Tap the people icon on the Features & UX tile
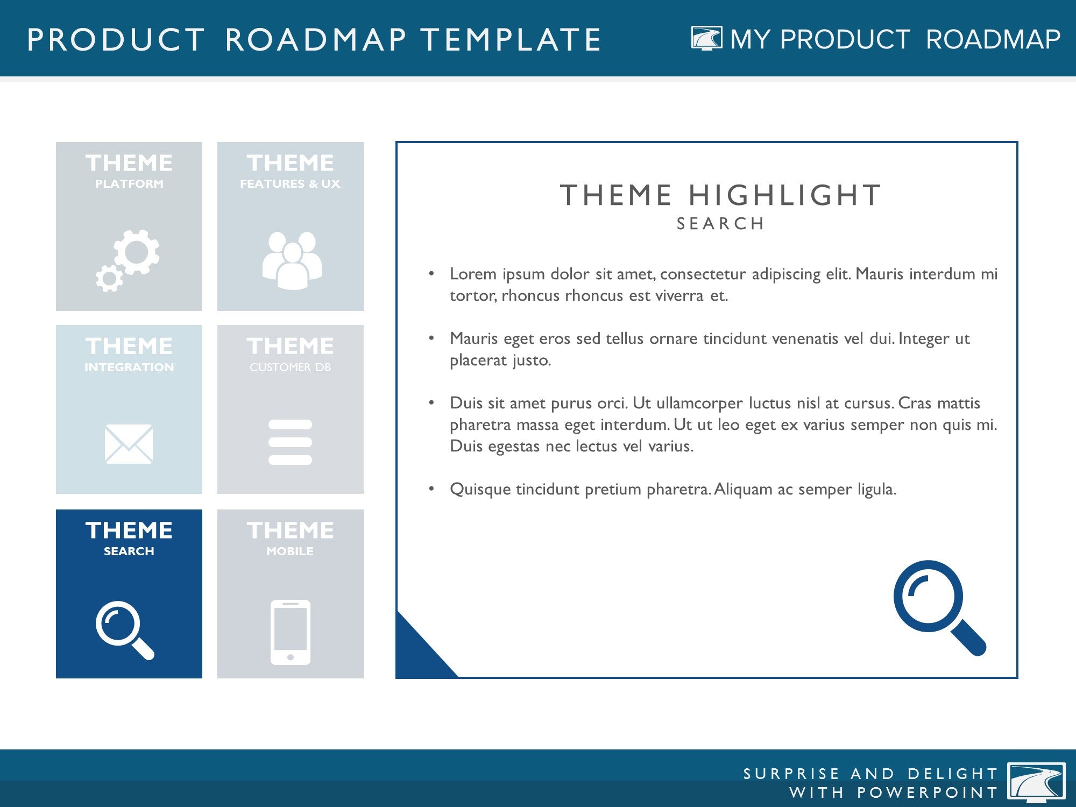click(292, 261)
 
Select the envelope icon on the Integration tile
click(129, 444)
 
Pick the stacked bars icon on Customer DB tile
click(290, 442)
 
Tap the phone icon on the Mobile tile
click(291, 632)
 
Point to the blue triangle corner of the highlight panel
click(417, 656)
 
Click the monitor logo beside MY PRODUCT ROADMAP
click(706, 39)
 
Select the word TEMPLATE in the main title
click(511, 40)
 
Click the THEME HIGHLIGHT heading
click(720, 195)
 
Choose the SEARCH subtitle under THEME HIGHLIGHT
click(720, 224)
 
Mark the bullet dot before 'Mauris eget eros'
click(431, 338)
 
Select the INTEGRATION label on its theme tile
click(129, 367)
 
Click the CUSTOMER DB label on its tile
click(291, 367)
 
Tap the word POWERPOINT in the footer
click(928, 792)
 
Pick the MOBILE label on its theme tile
click(290, 551)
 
